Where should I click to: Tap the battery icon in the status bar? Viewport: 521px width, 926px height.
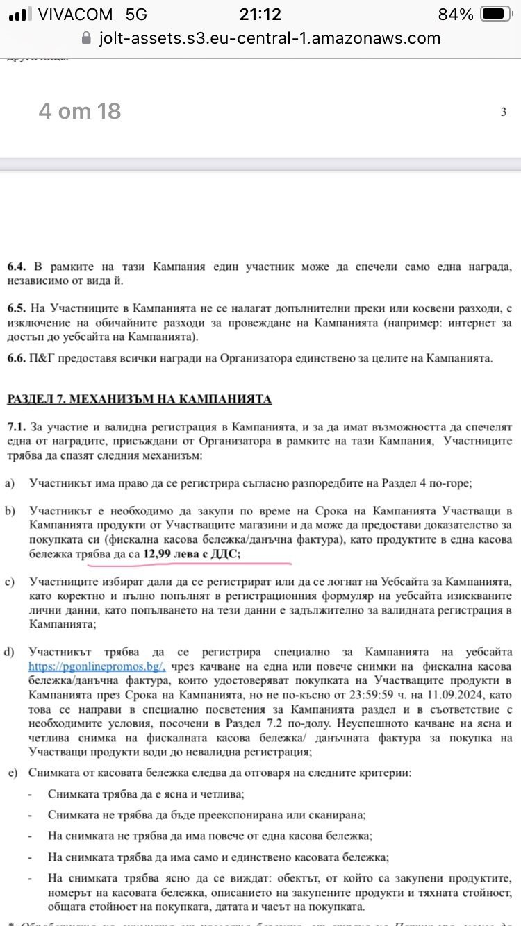(x=495, y=14)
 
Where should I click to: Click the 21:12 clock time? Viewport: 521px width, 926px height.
(x=260, y=14)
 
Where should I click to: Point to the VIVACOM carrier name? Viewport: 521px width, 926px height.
(x=78, y=14)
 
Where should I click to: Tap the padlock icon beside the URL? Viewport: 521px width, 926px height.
(x=86, y=38)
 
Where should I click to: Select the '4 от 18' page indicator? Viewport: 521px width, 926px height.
(x=80, y=110)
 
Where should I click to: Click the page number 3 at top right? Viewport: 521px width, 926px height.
(x=504, y=112)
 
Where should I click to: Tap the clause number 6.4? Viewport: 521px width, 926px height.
(x=17, y=267)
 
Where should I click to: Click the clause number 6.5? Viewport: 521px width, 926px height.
(x=17, y=309)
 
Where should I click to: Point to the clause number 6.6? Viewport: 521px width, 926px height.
(x=17, y=358)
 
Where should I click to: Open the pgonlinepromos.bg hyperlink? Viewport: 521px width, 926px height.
(x=97, y=666)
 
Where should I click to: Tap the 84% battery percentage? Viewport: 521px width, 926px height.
(x=456, y=14)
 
